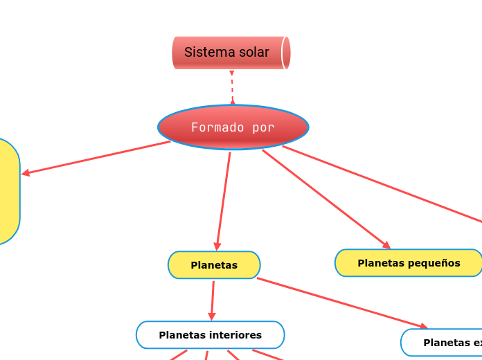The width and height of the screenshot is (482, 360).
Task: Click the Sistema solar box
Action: click(x=231, y=53)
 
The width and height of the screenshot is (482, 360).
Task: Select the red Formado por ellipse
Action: click(x=233, y=127)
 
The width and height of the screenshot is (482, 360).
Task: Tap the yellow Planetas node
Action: click(x=214, y=265)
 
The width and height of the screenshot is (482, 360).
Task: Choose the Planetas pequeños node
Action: click(x=409, y=263)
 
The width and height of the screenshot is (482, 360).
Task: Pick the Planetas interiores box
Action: click(x=211, y=335)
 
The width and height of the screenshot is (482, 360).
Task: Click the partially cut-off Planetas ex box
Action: click(x=443, y=342)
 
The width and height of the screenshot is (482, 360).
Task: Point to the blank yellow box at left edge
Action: click(x=7, y=192)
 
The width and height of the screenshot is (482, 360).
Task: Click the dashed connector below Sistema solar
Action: click(x=232, y=87)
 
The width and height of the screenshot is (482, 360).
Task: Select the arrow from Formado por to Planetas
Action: click(x=224, y=201)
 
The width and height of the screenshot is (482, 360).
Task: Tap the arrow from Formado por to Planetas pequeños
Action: click(x=325, y=198)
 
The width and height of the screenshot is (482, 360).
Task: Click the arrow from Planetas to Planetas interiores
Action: click(x=213, y=300)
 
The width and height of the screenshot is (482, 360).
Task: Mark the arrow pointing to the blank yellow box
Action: click(x=97, y=158)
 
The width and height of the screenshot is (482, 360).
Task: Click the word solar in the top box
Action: click(x=253, y=52)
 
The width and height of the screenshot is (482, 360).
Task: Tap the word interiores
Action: click(x=237, y=335)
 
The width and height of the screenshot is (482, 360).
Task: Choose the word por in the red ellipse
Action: click(x=263, y=127)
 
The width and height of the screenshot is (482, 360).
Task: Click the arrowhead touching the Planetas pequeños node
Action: click(x=386, y=245)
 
